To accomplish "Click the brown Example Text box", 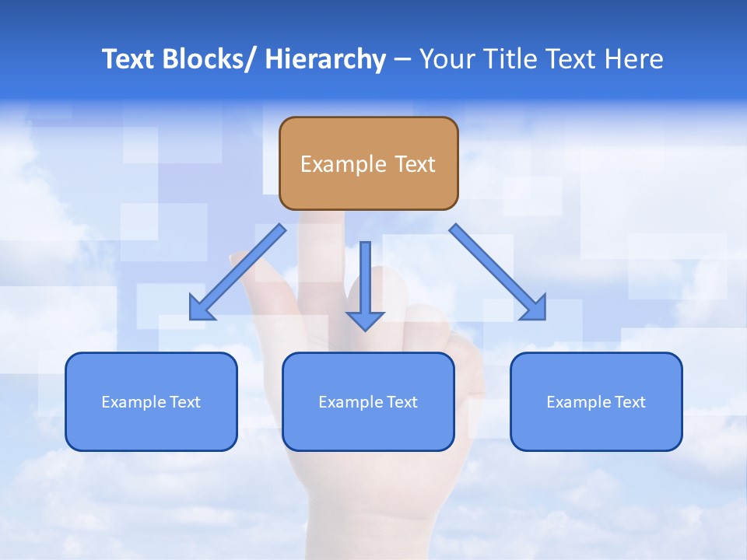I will click(x=368, y=163).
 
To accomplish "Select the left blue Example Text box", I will click(x=151, y=401).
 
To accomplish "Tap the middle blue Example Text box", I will click(x=368, y=401).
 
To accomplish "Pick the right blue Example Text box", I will click(x=596, y=401).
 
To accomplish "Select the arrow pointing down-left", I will click(x=241, y=268).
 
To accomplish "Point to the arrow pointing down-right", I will click(x=494, y=268).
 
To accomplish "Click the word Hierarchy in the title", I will click(x=324, y=59).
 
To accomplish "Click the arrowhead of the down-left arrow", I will click(x=200, y=310).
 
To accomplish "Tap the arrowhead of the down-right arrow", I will click(x=535, y=310).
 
